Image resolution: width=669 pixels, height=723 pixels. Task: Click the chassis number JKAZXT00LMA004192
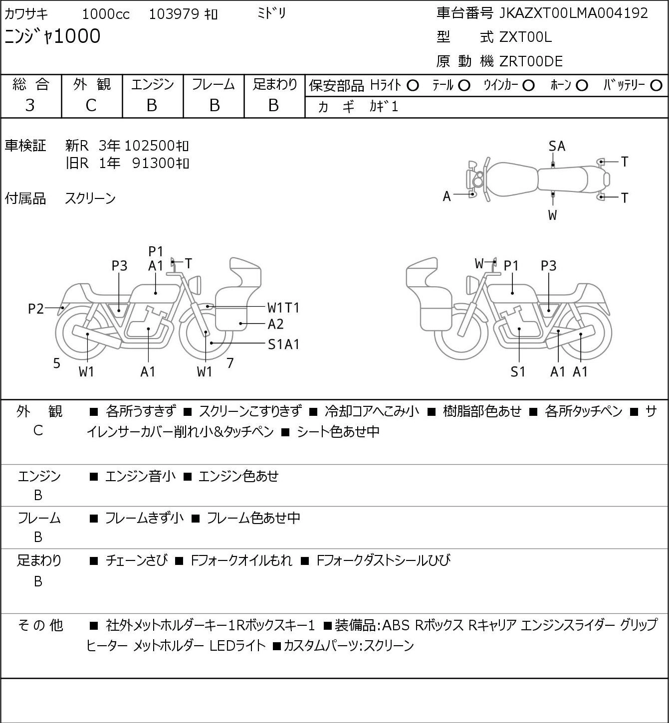point(573,13)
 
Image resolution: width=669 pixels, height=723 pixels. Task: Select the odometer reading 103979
point(174,14)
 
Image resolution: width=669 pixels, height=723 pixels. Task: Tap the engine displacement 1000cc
point(106,14)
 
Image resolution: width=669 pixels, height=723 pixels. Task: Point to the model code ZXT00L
point(525,37)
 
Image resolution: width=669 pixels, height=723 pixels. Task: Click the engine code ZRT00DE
point(531,61)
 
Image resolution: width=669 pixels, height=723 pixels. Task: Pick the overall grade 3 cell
point(30,106)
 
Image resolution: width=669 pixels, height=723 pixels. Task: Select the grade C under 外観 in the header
point(91,106)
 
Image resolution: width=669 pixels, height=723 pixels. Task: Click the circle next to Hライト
point(413,86)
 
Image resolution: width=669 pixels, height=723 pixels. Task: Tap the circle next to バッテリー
point(656,86)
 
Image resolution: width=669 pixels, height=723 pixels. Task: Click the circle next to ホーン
point(582,86)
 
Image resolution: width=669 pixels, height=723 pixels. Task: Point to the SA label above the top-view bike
point(557,147)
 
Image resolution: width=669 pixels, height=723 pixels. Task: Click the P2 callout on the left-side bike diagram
point(36,309)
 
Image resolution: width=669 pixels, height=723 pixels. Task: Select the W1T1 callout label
point(283,308)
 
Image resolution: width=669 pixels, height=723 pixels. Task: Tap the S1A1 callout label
point(283,345)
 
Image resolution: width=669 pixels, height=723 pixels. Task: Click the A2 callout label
point(275,324)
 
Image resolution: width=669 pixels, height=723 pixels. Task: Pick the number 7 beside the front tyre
point(230,363)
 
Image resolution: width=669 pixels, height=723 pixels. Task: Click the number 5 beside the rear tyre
point(56,363)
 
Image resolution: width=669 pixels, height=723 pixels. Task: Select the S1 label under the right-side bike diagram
point(518,372)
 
